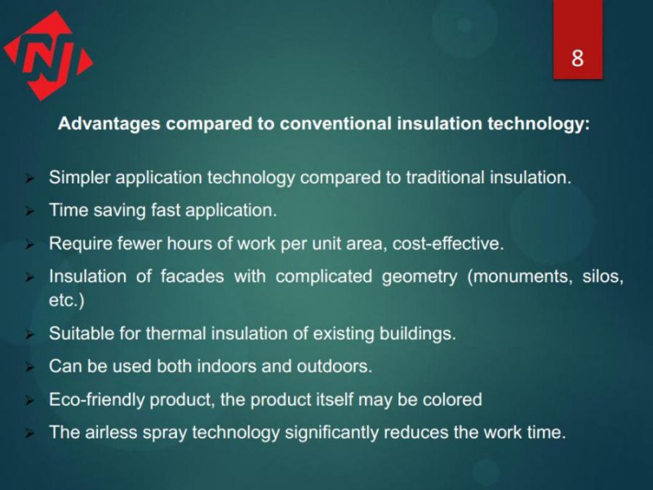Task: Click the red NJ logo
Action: (x=48, y=56)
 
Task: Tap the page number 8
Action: (x=577, y=58)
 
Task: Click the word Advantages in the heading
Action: (x=109, y=124)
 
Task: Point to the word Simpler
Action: (x=79, y=178)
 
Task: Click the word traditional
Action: (x=445, y=177)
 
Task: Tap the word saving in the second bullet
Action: (x=119, y=211)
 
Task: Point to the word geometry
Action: (x=420, y=277)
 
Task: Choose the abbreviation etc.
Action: (x=67, y=300)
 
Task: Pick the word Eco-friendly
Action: (x=96, y=399)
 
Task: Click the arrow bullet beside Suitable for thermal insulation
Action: (x=29, y=334)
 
